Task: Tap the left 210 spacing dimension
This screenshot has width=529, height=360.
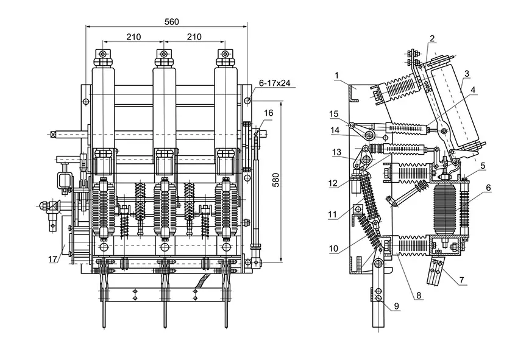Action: tap(133, 37)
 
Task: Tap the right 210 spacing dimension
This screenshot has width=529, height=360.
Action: tap(193, 37)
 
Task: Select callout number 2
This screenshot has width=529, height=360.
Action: tap(431, 38)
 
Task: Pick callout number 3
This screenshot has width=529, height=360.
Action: tap(466, 73)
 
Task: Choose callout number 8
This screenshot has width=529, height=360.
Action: tap(418, 297)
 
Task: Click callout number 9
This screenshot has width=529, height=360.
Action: tap(397, 306)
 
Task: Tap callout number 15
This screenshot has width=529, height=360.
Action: tap(334, 114)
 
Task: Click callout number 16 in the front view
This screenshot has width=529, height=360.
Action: tap(269, 113)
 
